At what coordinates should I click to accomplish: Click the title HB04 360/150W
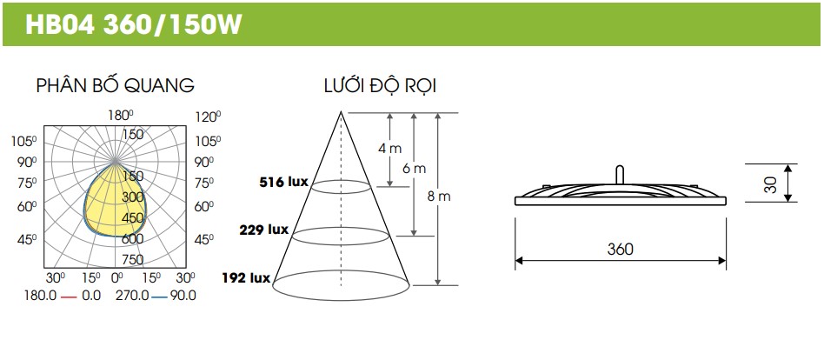[134, 24]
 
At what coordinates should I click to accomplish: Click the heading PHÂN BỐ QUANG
[115, 85]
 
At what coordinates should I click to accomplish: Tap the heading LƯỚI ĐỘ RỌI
[380, 86]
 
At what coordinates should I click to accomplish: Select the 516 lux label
[283, 183]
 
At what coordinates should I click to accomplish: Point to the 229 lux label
[264, 230]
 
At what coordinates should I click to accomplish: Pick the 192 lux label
[246, 277]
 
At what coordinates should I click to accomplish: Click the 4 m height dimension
[389, 149]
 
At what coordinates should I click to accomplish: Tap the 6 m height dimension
[414, 169]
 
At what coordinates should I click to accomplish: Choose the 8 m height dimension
[439, 197]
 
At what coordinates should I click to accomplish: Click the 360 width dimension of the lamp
[620, 249]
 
